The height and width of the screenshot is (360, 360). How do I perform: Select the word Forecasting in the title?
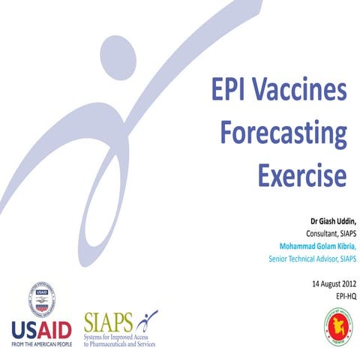pos(285,136)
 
